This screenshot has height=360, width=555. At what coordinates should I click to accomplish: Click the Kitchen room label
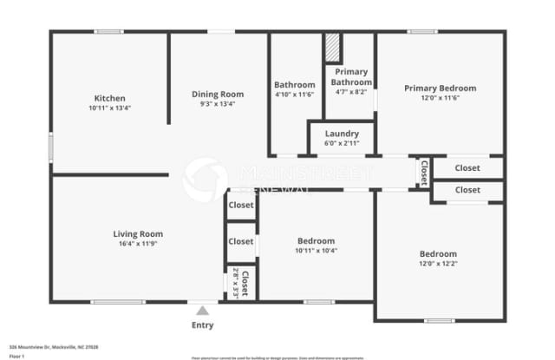[110, 98]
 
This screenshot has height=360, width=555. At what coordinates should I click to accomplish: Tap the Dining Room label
[218, 94]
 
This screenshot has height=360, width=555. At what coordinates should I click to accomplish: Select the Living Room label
[138, 233]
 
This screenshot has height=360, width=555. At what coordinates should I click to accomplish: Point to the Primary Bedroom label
[439, 88]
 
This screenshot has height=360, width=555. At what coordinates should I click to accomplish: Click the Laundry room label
[342, 134]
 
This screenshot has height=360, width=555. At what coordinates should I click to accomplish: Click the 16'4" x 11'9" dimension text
[138, 244]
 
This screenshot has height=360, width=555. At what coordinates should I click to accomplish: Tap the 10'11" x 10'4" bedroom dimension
[317, 251]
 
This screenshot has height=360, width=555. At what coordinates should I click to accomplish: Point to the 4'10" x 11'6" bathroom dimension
[294, 95]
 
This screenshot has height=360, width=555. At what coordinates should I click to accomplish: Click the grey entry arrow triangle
[202, 310]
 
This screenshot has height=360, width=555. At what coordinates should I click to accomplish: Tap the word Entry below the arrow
[202, 325]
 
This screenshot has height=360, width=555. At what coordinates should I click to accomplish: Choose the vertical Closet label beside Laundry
[424, 173]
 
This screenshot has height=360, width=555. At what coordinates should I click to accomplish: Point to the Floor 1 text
[16, 356]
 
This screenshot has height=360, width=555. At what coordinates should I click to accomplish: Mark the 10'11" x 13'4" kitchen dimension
[110, 108]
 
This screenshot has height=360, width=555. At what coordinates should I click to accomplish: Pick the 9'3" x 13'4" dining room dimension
[218, 104]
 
